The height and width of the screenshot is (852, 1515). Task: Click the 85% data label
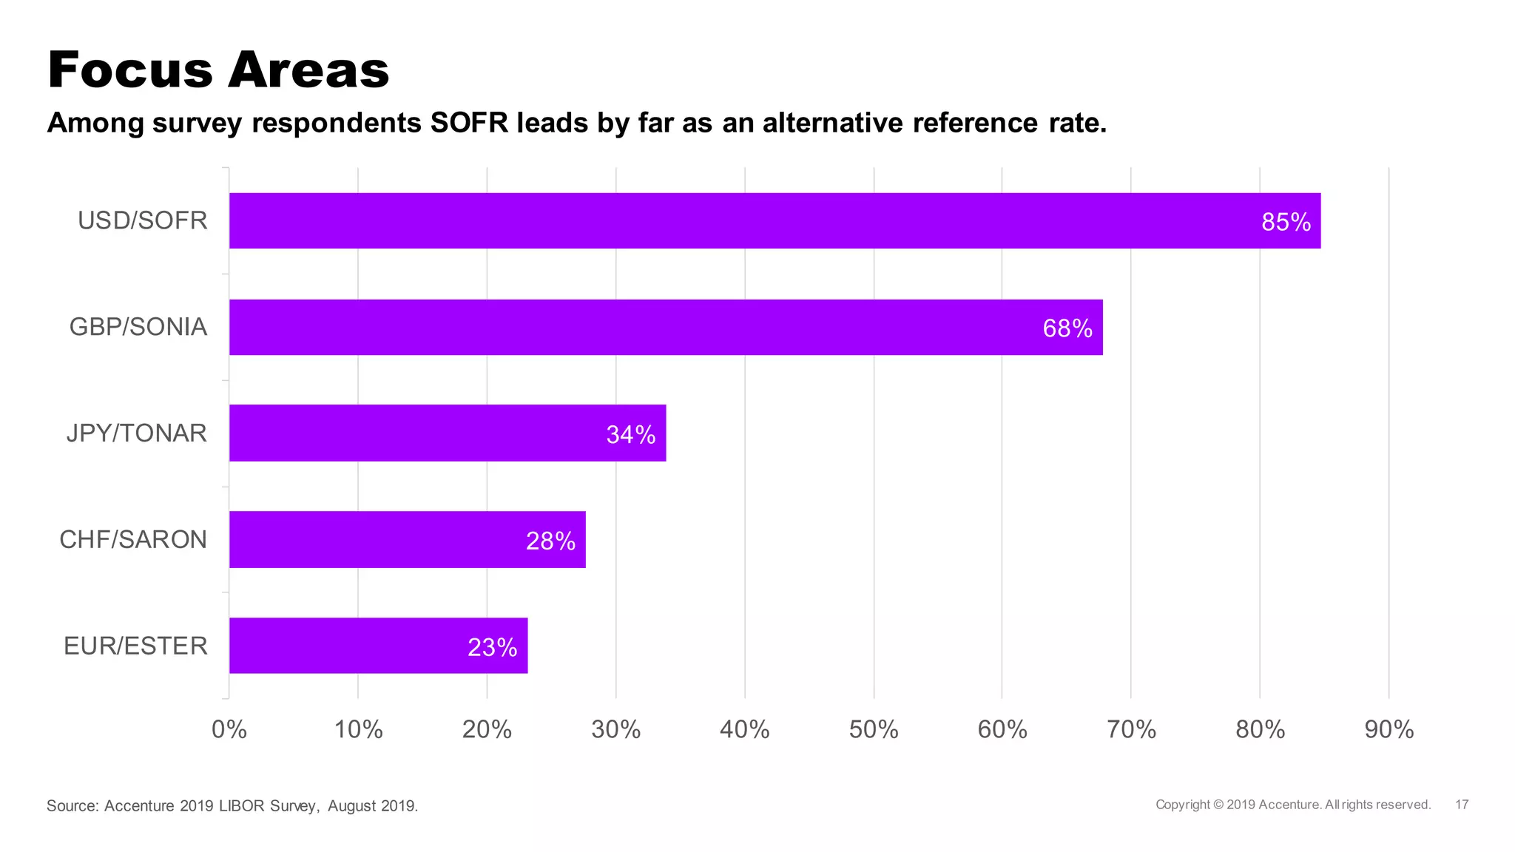point(1286,222)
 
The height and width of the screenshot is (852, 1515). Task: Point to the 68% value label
point(1067,328)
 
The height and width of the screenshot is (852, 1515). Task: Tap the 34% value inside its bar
point(630,435)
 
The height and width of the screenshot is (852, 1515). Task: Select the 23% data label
point(492,648)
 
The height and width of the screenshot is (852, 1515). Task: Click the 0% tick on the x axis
point(229,730)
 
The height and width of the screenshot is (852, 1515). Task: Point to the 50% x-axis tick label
point(873,730)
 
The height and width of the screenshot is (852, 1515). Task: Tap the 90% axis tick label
point(1389,730)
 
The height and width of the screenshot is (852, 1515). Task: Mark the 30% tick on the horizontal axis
point(615,730)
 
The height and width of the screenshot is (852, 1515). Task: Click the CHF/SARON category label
point(133,540)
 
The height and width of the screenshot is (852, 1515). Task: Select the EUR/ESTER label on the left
point(135,646)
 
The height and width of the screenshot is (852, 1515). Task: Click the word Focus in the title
point(129,70)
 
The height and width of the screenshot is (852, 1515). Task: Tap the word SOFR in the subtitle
point(469,123)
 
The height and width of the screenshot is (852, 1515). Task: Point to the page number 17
point(1462,805)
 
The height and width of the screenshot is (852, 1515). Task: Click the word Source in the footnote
point(71,806)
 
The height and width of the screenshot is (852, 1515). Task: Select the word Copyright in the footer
point(1183,805)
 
